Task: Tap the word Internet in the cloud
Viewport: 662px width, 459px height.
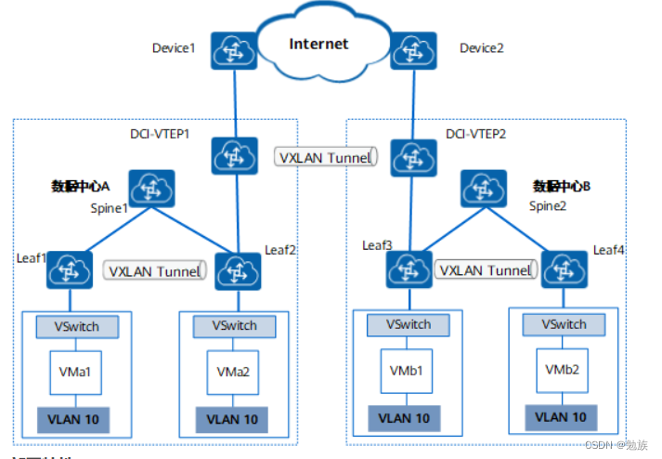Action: tap(318, 44)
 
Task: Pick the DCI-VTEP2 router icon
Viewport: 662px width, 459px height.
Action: tap(409, 157)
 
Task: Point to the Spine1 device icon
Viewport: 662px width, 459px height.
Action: tap(151, 188)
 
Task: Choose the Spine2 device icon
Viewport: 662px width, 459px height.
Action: tap(483, 188)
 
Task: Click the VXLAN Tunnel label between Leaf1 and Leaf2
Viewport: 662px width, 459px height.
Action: tap(154, 271)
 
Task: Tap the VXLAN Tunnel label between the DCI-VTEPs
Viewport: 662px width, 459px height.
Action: tap(324, 157)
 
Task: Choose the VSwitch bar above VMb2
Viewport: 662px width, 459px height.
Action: tap(563, 324)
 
